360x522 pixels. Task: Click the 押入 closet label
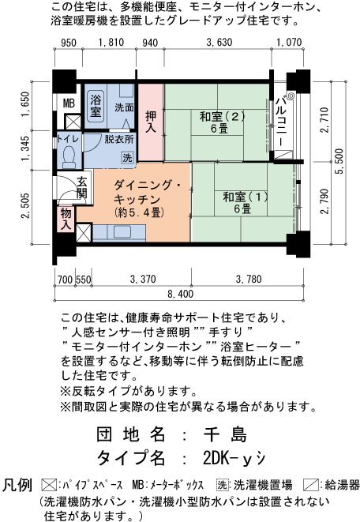click(x=151, y=122)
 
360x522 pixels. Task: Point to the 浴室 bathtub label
click(x=96, y=105)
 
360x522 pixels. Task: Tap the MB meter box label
click(x=69, y=103)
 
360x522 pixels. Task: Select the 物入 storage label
click(x=66, y=219)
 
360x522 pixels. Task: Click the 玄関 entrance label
click(x=82, y=187)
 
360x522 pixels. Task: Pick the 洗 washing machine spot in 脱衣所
click(x=127, y=157)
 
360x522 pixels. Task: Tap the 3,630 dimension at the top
click(x=219, y=43)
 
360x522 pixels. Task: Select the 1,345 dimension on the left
click(x=25, y=148)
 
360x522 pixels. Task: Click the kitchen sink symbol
click(x=122, y=231)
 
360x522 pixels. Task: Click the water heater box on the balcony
click(x=283, y=155)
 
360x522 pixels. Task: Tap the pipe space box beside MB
click(x=73, y=122)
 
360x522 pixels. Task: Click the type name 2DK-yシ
click(x=234, y=458)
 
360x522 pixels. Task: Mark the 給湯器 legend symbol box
click(x=311, y=484)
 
